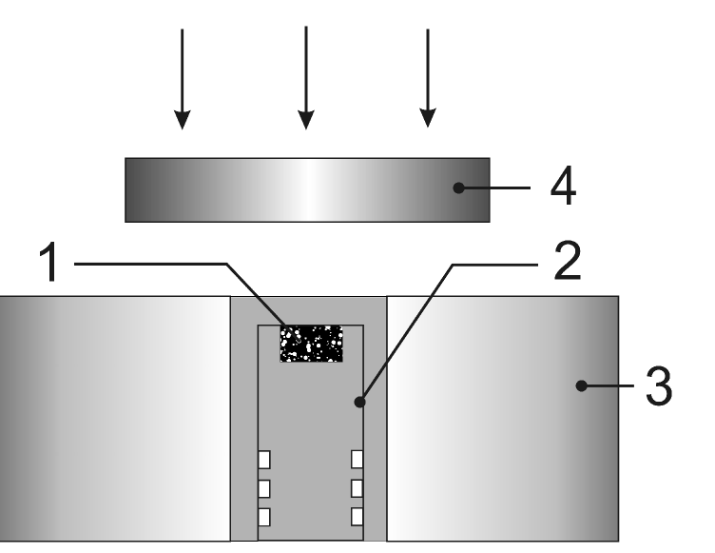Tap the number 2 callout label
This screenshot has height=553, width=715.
click(x=567, y=263)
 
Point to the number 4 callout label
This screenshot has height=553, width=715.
click(x=563, y=188)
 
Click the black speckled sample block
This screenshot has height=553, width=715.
click(x=311, y=344)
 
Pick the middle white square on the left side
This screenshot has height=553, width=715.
click(x=266, y=488)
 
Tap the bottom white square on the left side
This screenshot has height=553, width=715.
click(x=266, y=517)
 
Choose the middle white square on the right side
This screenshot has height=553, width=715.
click(x=357, y=488)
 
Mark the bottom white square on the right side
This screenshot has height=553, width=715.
click(x=357, y=517)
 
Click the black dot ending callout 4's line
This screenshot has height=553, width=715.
click(x=458, y=188)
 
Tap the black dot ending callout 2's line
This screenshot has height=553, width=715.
click(x=360, y=403)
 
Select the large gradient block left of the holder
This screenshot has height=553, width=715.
click(x=114, y=419)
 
